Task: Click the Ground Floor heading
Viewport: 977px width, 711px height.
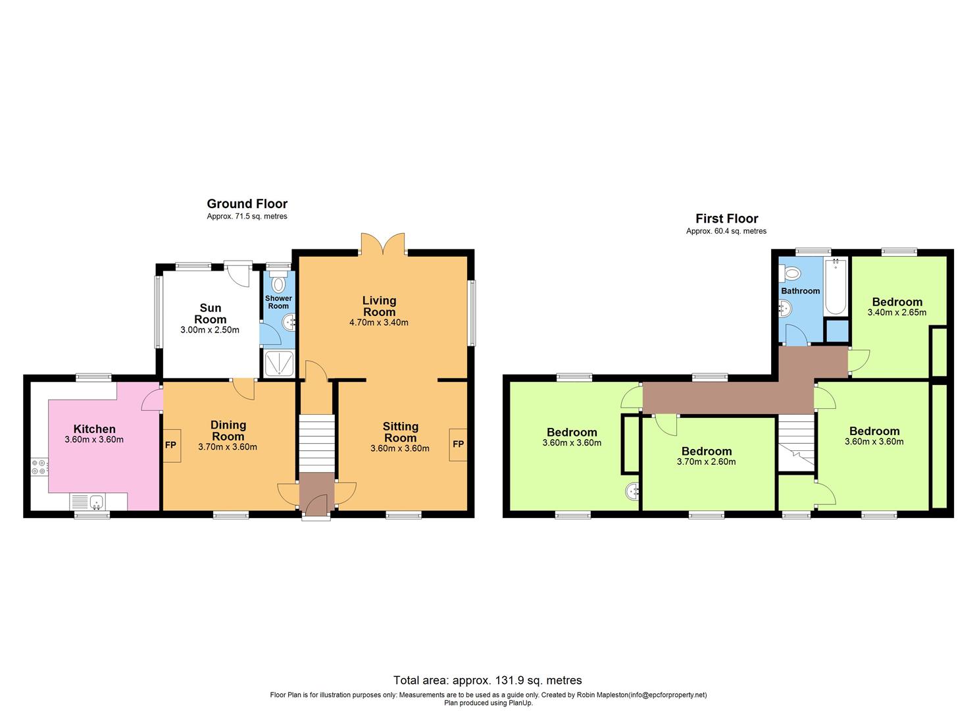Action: pyautogui.click(x=247, y=204)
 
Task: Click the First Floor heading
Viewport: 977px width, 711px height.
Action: pyautogui.click(x=726, y=219)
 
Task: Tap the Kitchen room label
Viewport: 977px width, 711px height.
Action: pyautogui.click(x=94, y=429)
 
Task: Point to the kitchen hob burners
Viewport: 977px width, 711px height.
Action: pyautogui.click(x=39, y=466)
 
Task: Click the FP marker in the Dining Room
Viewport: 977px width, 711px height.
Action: pyautogui.click(x=170, y=445)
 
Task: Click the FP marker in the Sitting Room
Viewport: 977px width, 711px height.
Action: pyautogui.click(x=458, y=444)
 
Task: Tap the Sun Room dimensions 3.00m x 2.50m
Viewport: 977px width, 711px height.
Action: pyautogui.click(x=210, y=330)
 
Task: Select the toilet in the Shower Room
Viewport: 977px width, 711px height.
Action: pyautogui.click(x=278, y=283)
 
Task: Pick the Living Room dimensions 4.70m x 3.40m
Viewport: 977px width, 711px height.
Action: pyautogui.click(x=379, y=323)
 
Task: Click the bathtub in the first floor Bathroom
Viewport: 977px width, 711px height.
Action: pyautogui.click(x=835, y=287)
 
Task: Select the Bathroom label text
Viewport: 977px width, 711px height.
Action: pyautogui.click(x=800, y=291)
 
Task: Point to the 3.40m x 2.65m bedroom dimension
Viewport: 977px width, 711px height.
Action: pyautogui.click(x=897, y=312)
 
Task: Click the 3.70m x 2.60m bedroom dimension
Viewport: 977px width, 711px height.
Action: pyautogui.click(x=706, y=461)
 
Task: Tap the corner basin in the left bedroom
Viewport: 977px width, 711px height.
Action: pyautogui.click(x=632, y=491)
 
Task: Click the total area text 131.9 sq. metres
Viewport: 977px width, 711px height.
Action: pyautogui.click(x=488, y=680)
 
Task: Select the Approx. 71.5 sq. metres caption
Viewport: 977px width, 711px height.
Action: pyautogui.click(x=247, y=217)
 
